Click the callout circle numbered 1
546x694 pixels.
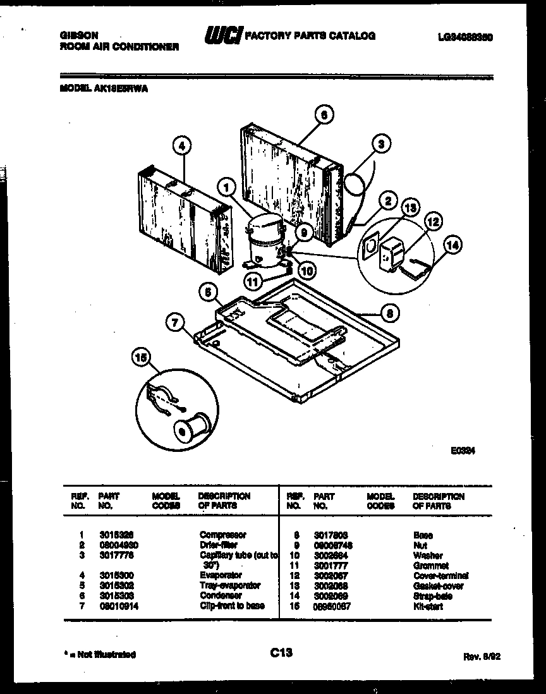(224, 186)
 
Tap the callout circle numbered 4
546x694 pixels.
(181, 146)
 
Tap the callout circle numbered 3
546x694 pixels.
(380, 143)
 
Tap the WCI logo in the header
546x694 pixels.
(222, 37)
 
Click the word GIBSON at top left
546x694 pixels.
(75, 36)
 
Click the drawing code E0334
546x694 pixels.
(463, 451)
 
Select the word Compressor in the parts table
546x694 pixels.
(222, 535)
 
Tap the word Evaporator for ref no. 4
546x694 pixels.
(221, 575)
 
